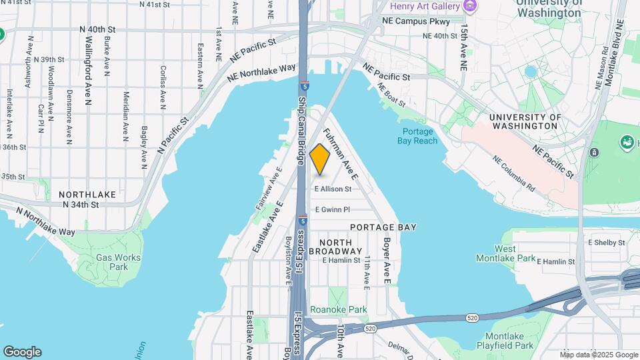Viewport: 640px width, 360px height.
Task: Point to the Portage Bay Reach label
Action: (421, 136)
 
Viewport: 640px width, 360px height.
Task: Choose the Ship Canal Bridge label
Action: (301, 131)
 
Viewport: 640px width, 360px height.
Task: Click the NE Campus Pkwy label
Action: (411, 21)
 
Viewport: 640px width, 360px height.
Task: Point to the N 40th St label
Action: (97, 29)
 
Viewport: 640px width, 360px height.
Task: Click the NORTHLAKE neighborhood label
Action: (87, 195)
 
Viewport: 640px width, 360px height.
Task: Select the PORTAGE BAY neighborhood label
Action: (383, 227)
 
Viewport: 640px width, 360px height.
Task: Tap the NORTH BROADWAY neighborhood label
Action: (341, 246)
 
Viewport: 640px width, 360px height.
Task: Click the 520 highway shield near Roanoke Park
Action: (371, 329)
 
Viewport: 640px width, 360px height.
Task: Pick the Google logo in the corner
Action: (22, 352)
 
